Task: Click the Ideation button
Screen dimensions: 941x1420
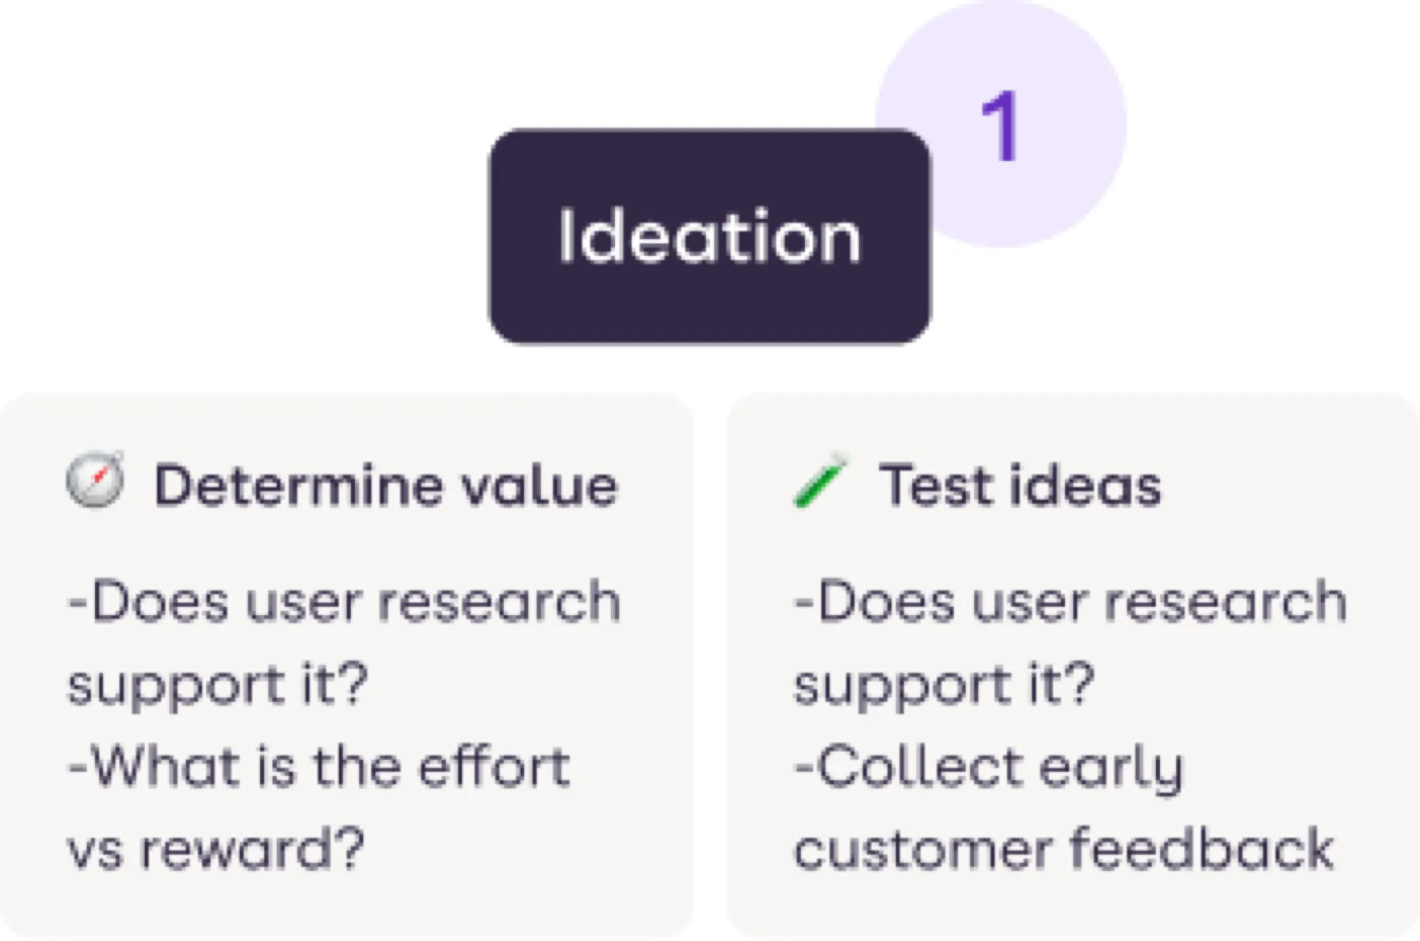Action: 709,236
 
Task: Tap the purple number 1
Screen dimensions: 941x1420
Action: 999,128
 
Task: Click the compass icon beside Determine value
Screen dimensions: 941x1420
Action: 96,479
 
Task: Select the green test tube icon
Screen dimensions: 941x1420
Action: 820,480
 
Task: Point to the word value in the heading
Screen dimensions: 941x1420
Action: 539,485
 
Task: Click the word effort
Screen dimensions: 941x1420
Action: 494,767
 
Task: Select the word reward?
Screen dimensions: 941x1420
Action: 252,849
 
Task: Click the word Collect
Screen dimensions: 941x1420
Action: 910,767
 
